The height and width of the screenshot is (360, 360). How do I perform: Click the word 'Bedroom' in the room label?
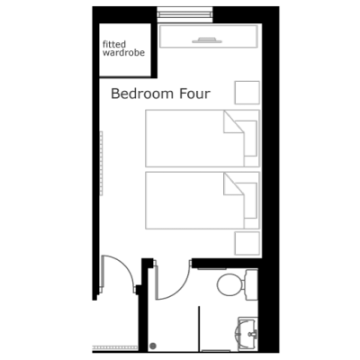[142, 94]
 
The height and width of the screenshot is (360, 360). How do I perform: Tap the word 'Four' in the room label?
[194, 94]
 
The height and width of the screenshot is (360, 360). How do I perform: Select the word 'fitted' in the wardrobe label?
[114, 44]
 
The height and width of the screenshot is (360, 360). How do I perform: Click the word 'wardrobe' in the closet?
[123, 53]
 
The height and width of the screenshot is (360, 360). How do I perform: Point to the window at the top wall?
[185, 14]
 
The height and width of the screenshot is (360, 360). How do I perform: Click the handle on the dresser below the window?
[207, 40]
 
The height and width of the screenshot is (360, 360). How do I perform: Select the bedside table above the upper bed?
[247, 93]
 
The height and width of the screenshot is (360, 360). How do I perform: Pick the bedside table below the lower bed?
[247, 243]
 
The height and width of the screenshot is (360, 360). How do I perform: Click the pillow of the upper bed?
[250, 139]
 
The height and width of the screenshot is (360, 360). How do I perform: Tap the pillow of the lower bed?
[251, 201]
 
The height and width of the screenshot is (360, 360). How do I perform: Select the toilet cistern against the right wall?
[251, 284]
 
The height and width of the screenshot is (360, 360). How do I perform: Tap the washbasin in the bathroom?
[247, 333]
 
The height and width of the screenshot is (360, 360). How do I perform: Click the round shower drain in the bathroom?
[153, 346]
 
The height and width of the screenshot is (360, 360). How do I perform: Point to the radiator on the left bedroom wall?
[102, 163]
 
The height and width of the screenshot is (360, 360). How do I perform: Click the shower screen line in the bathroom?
[199, 328]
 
